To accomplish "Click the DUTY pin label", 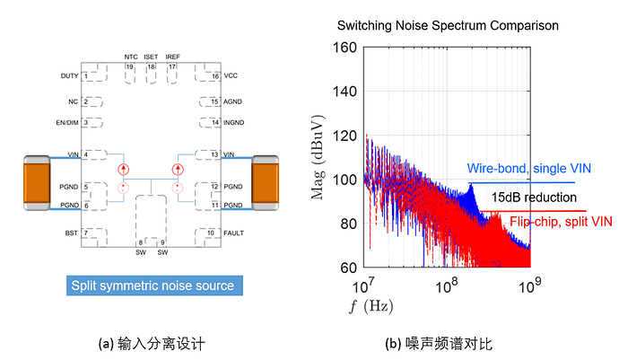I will point(69,76).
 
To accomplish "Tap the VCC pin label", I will point(231,76).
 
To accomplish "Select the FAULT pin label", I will point(234,233).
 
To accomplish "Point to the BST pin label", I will point(72,233).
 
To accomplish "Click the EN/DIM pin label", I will point(67,122).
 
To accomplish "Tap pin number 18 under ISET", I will point(152,66).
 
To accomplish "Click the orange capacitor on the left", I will point(36,182).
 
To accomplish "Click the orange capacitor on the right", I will point(266,182).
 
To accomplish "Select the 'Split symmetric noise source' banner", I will point(152,285).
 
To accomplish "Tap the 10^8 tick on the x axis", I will point(446,285).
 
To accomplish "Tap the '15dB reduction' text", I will point(535,196).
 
